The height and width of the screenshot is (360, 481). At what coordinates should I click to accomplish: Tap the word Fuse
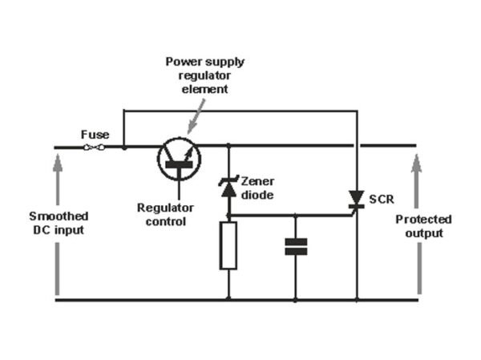tap(95, 135)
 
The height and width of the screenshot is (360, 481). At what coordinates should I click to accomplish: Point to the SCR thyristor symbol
tap(355, 199)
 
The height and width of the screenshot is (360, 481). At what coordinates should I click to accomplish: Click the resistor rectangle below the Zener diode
tap(228, 245)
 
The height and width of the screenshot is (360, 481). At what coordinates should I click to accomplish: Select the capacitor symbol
tap(296, 246)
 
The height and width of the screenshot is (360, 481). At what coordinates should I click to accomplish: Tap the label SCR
tap(380, 198)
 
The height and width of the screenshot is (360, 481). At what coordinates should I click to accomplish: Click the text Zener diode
tap(257, 188)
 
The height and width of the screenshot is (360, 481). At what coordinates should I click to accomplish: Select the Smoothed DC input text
tap(59, 224)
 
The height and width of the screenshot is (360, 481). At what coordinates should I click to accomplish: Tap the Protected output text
tap(423, 225)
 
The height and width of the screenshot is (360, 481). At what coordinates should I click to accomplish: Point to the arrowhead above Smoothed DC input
tap(59, 163)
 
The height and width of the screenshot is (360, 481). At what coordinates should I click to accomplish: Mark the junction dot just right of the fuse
tap(124, 147)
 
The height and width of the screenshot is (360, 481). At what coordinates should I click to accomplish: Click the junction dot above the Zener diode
tap(228, 146)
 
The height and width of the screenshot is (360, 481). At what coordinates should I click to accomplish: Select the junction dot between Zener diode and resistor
tap(228, 215)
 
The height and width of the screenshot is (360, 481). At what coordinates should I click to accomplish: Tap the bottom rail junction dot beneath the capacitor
tap(296, 300)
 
